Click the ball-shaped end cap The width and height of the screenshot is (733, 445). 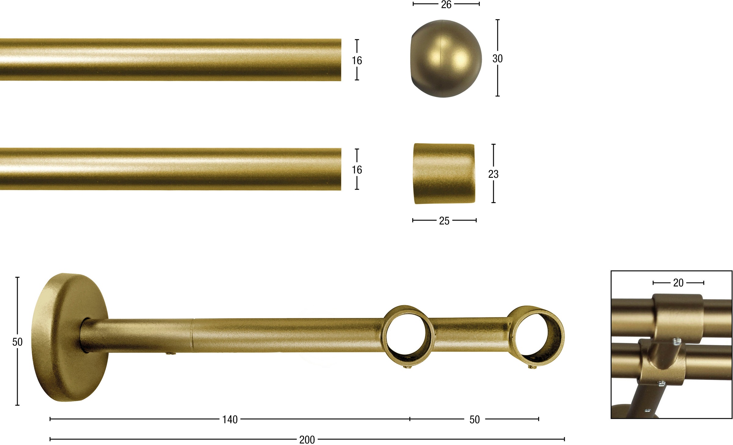446,59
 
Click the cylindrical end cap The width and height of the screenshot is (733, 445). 444,173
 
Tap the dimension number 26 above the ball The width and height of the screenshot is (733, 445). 446,5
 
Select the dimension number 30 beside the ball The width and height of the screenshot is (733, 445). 498,58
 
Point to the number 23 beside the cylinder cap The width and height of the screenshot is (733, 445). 493,174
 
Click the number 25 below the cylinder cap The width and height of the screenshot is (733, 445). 444,221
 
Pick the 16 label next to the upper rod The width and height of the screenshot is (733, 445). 357,60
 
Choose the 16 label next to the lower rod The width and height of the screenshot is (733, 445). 357,170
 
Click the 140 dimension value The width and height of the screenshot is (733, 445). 230,420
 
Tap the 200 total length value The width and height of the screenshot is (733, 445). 307,440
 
